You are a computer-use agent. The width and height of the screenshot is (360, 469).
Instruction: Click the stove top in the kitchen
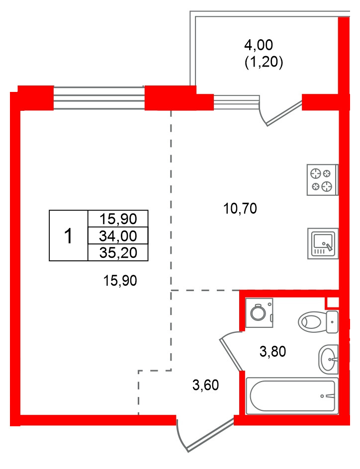click(323, 180)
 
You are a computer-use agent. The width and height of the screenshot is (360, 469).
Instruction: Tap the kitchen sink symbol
click(323, 243)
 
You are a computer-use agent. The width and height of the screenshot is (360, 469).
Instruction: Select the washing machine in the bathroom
click(259, 313)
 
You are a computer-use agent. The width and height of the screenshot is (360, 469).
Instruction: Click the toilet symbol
click(318, 322)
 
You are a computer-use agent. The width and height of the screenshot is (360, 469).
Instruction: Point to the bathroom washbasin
click(328, 359)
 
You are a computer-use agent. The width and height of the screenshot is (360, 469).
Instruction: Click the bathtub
click(292, 396)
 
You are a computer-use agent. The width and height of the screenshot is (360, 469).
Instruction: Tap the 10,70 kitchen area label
click(240, 209)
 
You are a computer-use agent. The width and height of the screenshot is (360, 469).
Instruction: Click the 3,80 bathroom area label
click(272, 351)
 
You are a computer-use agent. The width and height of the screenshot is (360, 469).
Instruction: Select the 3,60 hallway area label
click(205, 385)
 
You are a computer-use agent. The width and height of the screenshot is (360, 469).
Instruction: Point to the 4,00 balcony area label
click(259, 45)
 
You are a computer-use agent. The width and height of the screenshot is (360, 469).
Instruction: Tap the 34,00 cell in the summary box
click(118, 236)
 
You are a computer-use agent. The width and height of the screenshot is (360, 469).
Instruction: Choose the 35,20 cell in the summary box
click(118, 253)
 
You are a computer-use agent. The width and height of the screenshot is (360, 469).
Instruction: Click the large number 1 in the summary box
click(69, 235)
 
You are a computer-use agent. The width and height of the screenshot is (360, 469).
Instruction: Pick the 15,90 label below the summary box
click(120, 281)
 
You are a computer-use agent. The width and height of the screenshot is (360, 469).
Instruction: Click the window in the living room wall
click(99, 98)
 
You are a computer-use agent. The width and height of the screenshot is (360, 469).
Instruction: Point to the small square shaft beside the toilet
click(332, 303)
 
